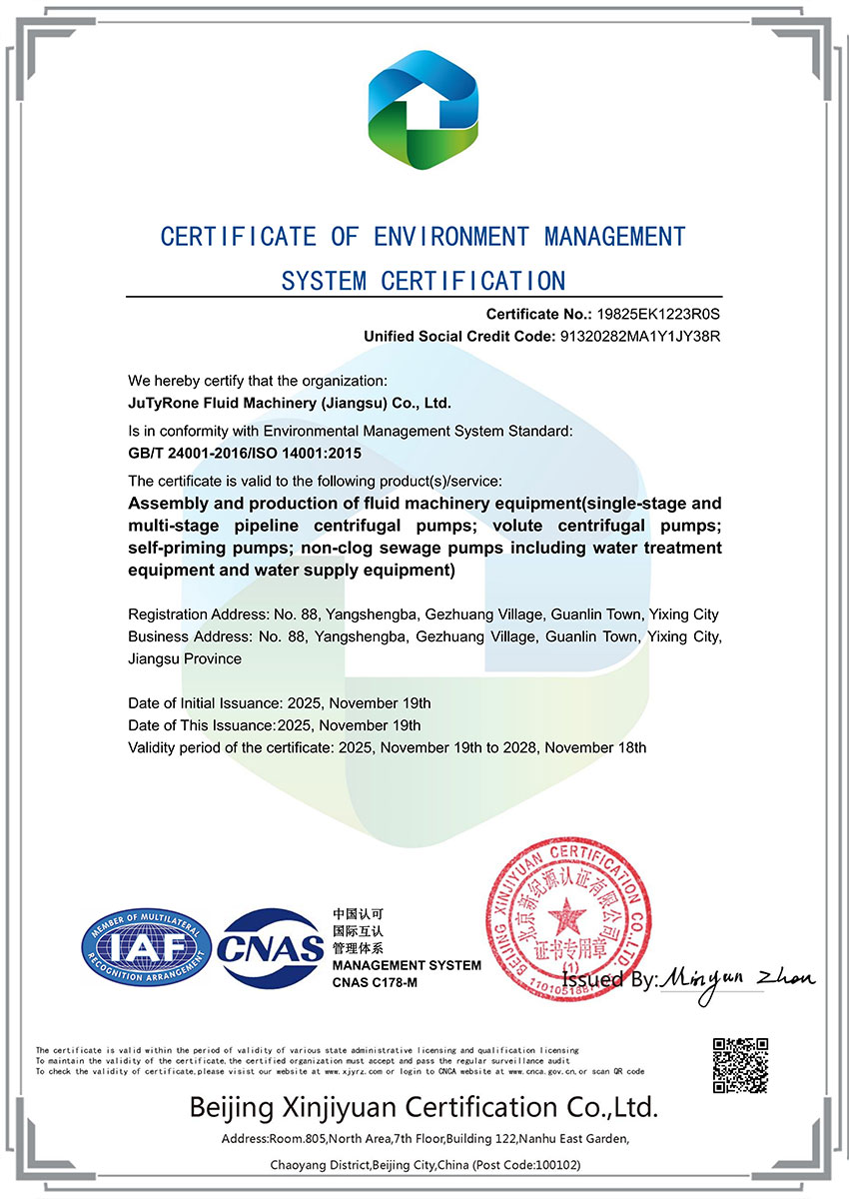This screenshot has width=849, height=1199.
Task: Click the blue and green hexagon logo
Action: [x=424, y=111]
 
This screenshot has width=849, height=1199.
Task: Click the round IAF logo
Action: [x=146, y=945]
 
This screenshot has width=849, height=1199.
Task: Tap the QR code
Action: [x=740, y=1065]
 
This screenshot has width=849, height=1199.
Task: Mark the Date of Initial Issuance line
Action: [x=280, y=703]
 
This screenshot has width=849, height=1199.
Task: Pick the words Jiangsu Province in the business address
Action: [x=185, y=658]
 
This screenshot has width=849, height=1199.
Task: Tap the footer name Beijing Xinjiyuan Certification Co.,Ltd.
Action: [x=424, y=1107]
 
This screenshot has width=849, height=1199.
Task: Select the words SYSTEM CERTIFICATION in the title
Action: [x=424, y=280]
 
